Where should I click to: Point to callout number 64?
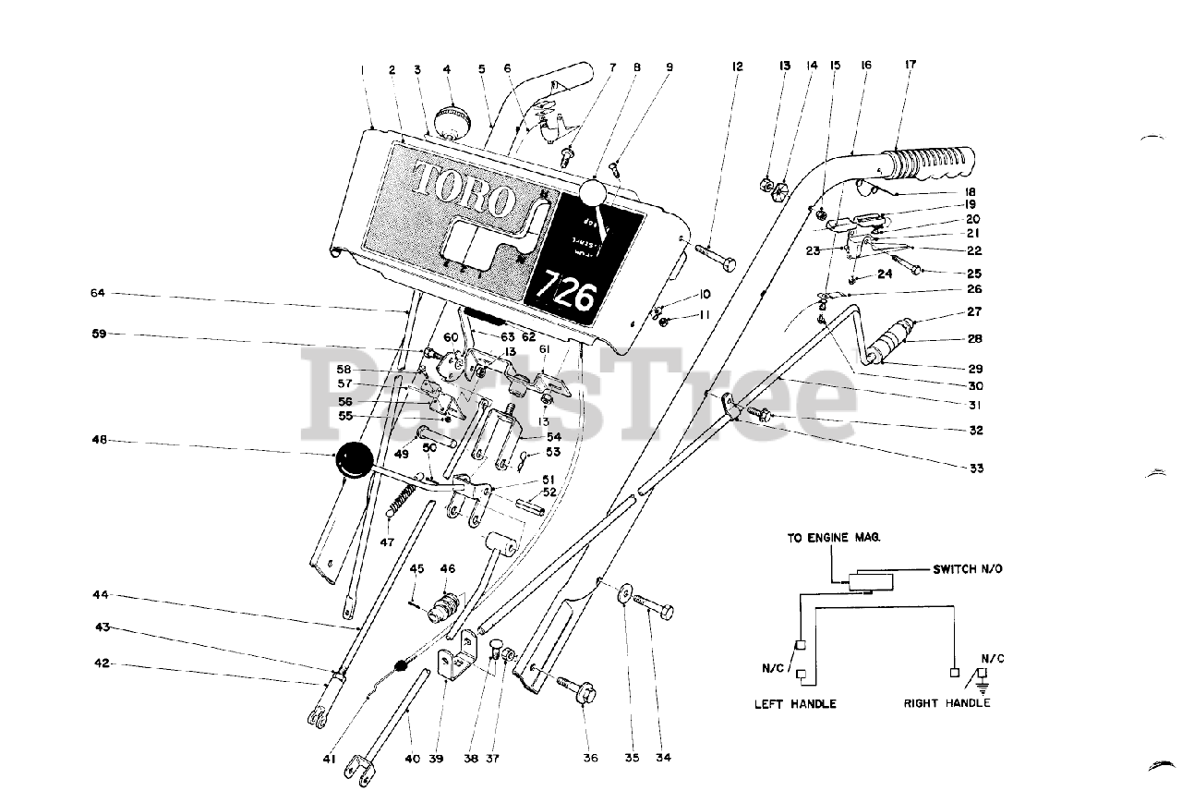click(98, 293)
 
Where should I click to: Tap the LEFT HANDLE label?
click(795, 704)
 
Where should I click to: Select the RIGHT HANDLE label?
click(947, 703)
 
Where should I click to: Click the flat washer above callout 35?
click(625, 592)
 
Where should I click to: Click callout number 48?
click(98, 441)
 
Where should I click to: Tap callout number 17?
click(911, 66)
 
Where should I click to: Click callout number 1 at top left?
click(363, 69)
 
